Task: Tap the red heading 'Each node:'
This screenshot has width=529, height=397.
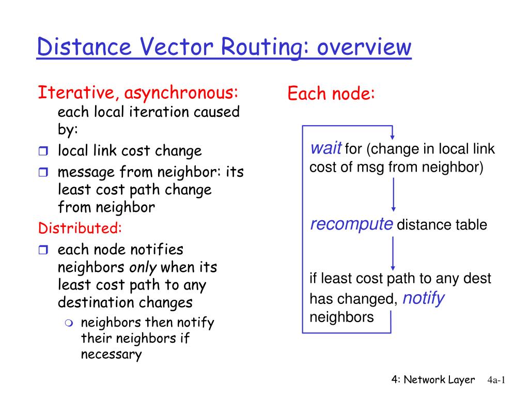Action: tap(331, 94)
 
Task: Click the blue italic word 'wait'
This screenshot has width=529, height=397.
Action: tap(325, 149)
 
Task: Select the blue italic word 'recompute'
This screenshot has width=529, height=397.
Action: tap(351, 224)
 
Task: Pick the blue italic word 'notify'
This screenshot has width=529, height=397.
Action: tap(423, 298)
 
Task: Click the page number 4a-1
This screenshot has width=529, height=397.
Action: tap(496, 380)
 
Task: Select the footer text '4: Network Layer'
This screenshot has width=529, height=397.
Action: tap(433, 380)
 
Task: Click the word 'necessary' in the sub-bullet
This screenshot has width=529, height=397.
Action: tap(111, 355)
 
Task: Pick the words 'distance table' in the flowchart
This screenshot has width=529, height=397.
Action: tap(442, 225)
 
